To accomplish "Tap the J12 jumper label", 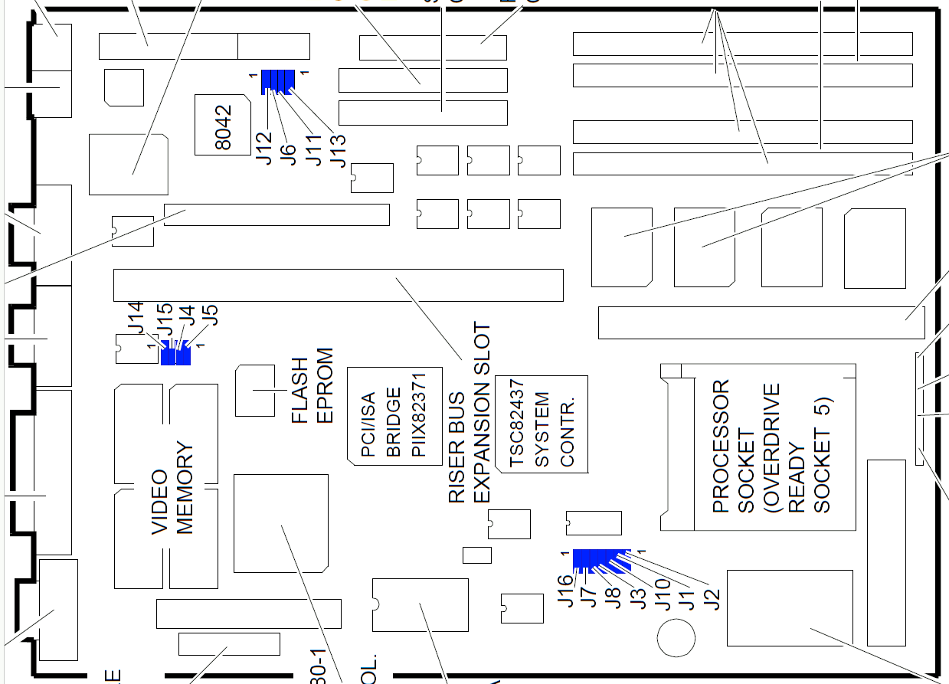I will point(264,148).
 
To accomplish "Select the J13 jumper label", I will point(338,150).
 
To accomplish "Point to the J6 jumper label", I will point(288,152).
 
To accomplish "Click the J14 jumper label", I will point(136,318).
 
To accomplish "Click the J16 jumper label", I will point(565,591).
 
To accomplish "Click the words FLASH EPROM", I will point(313,386).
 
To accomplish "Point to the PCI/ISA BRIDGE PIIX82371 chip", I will point(392,415).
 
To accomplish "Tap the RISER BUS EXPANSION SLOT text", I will point(469,414).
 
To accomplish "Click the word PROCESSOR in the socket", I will point(721,446).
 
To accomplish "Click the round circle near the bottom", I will point(676,637).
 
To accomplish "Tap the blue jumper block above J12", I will point(278,80).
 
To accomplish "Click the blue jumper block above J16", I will point(600,558).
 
